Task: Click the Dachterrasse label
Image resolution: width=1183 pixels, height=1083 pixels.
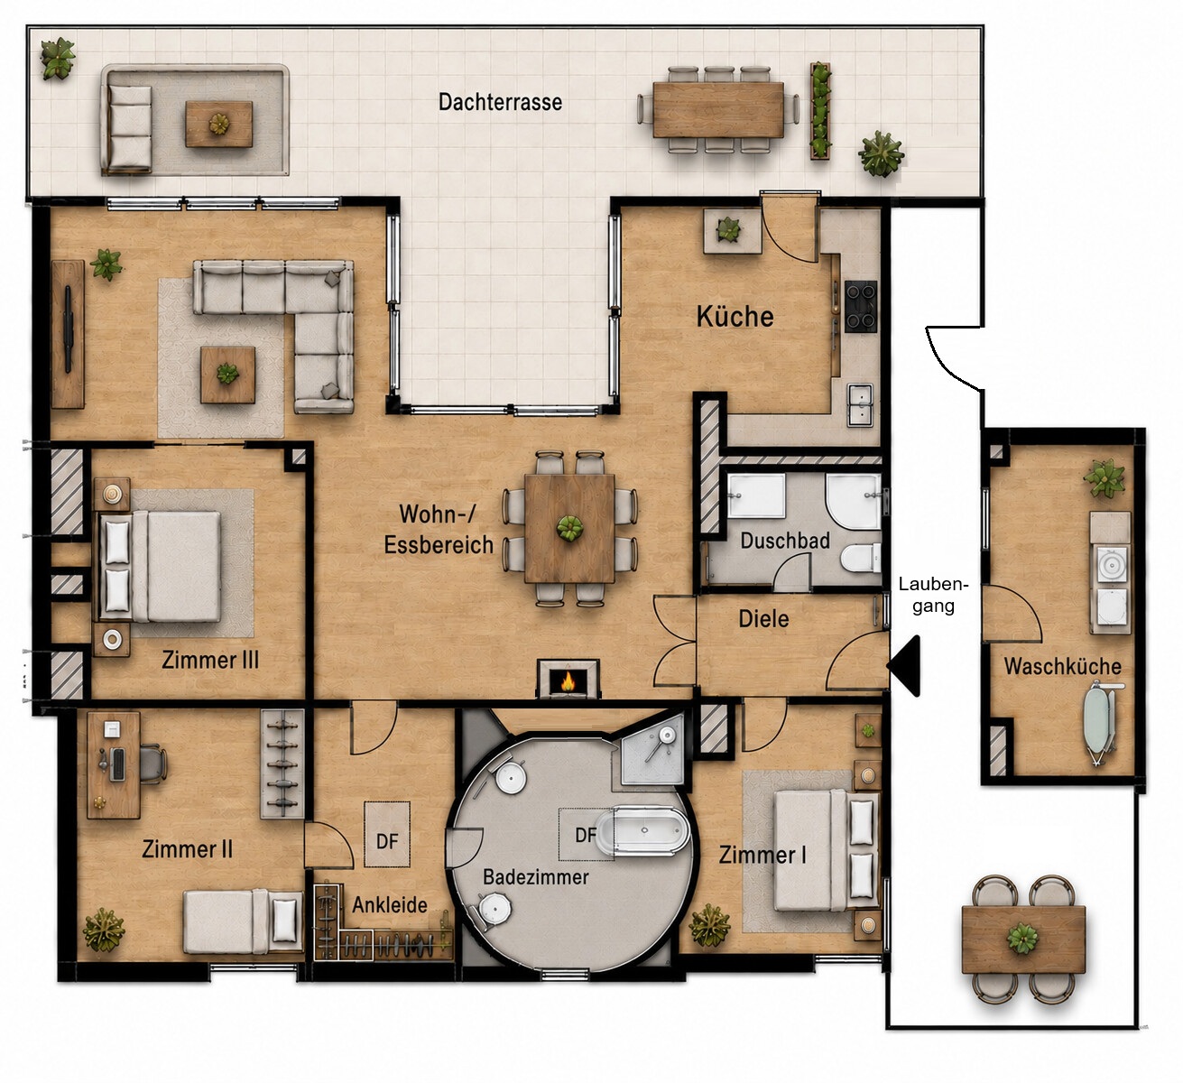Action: pos(500,102)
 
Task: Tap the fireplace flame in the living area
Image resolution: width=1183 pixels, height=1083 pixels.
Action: pos(568,681)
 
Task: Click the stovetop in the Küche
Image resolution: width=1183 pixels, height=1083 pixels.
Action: pos(861,307)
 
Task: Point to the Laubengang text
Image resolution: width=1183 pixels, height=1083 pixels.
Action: pos(933,595)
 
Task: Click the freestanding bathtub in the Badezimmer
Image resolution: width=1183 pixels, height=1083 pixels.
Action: pos(642,830)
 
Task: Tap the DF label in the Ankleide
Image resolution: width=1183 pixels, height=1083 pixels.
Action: pos(387,841)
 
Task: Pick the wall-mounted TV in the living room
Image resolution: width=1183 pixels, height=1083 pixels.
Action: pos(69,329)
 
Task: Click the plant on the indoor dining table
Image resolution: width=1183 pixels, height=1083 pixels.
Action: pos(569,527)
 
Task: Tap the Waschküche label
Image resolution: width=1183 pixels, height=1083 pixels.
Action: pos(1063,667)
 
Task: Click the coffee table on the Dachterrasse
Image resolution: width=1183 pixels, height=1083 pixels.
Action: pos(219,124)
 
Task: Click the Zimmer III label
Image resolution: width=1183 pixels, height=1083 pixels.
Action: pos(210,660)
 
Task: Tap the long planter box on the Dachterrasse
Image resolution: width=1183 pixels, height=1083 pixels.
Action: pos(820,110)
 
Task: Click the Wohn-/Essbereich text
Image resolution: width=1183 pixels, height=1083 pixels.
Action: pos(439,529)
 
